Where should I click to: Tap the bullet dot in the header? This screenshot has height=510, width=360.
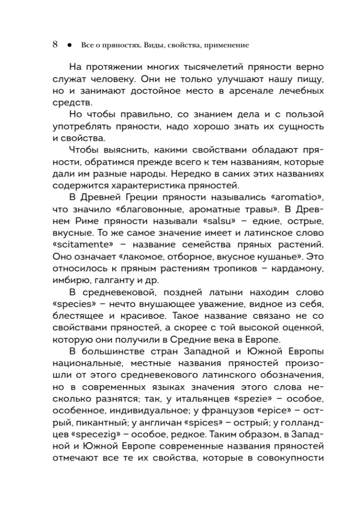pyautogui.click(x=68, y=45)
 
